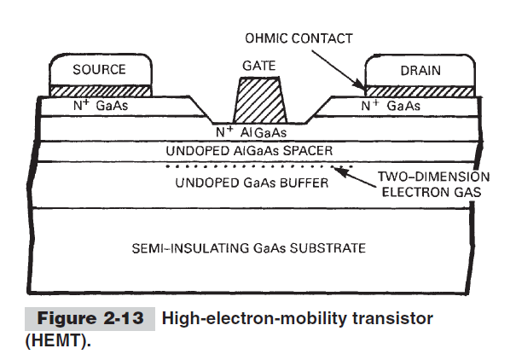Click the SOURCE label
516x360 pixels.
99,69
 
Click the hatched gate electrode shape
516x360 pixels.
259,100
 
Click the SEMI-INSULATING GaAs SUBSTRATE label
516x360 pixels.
249,248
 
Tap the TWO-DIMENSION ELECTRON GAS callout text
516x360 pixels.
433,185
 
